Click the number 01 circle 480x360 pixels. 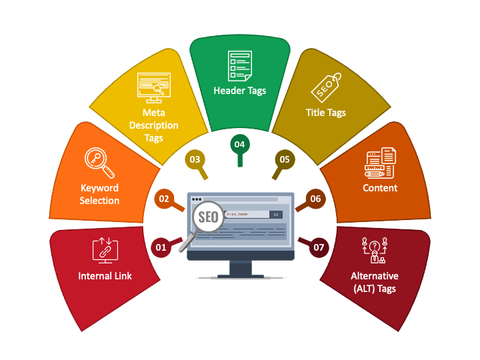tap(161, 247)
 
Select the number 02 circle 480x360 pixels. tap(164, 198)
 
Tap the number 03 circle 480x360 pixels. tap(195, 159)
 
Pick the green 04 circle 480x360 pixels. tap(239, 144)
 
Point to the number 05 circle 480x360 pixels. tap(285, 159)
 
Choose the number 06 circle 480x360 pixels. tap(315, 199)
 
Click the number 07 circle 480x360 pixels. tap(319, 247)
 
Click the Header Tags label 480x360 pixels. tap(239, 91)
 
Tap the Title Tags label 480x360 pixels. tap(325, 113)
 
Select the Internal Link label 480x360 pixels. tap(105, 276)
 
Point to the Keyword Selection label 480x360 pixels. tap(99, 194)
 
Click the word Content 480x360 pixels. tap(380, 188)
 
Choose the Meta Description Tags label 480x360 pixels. tap(153, 125)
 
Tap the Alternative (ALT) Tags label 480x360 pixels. tap(375, 282)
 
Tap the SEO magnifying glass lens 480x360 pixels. tap(208, 217)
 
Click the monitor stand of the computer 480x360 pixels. tap(241, 269)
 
